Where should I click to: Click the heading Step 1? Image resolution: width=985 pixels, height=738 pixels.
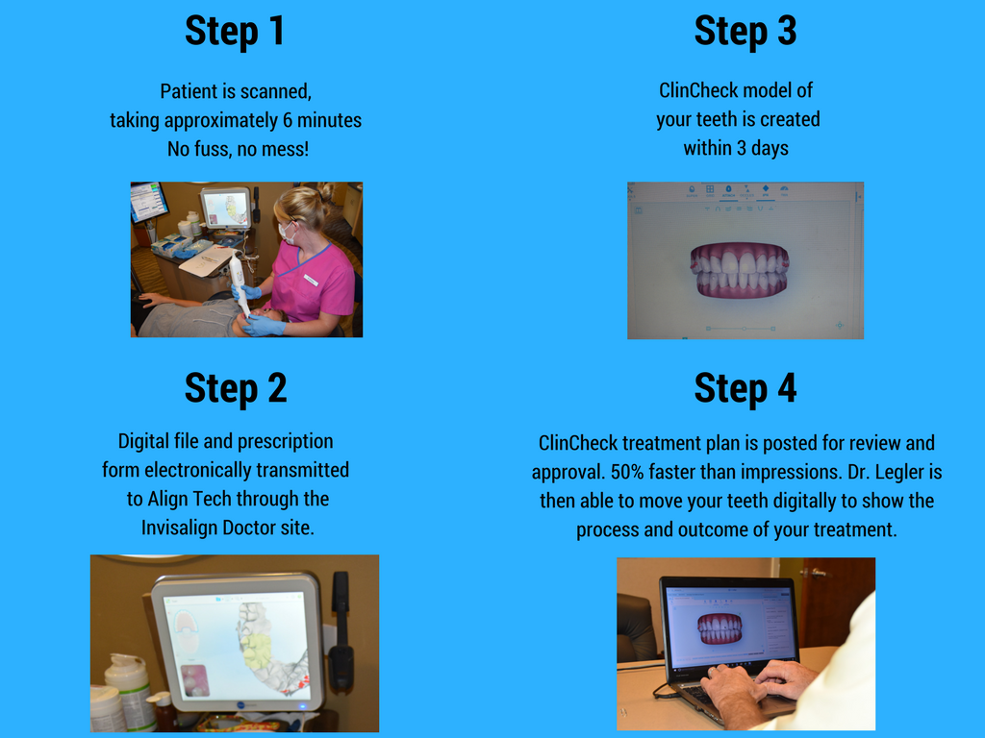pos(235,31)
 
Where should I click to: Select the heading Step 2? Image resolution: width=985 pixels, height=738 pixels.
pos(235,388)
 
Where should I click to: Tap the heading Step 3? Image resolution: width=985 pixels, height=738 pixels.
pos(745,31)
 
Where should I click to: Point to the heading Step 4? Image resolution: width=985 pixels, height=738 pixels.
pos(745,388)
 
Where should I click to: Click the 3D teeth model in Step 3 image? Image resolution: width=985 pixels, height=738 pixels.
pos(739,270)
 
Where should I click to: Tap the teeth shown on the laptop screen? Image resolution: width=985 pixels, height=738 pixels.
pos(720,628)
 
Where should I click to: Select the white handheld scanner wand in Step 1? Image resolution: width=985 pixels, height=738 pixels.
pos(238,283)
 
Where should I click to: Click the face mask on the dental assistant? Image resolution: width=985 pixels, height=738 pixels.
pos(286,232)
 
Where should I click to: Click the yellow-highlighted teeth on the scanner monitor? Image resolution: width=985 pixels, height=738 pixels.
pos(258,651)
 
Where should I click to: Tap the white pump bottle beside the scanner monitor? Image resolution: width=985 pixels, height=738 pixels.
pos(127,690)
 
